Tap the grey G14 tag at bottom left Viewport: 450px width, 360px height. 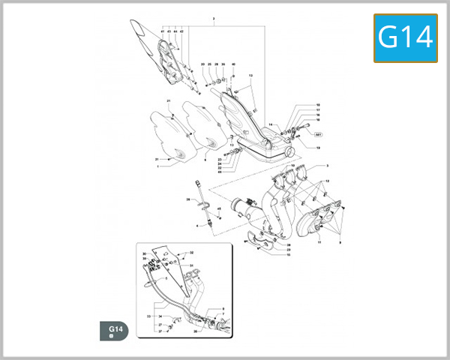click(x=115, y=331)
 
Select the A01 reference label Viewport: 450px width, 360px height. click(x=317, y=136)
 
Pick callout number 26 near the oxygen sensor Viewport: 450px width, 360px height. click(x=187, y=199)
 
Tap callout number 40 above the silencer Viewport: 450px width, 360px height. click(x=233, y=64)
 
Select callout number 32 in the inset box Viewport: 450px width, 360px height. click(x=191, y=253)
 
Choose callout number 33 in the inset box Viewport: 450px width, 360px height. click(x=144, y=259)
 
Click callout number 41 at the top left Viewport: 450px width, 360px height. click(x=162, y=31)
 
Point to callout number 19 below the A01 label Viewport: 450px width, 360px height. click(x=318, y=148)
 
